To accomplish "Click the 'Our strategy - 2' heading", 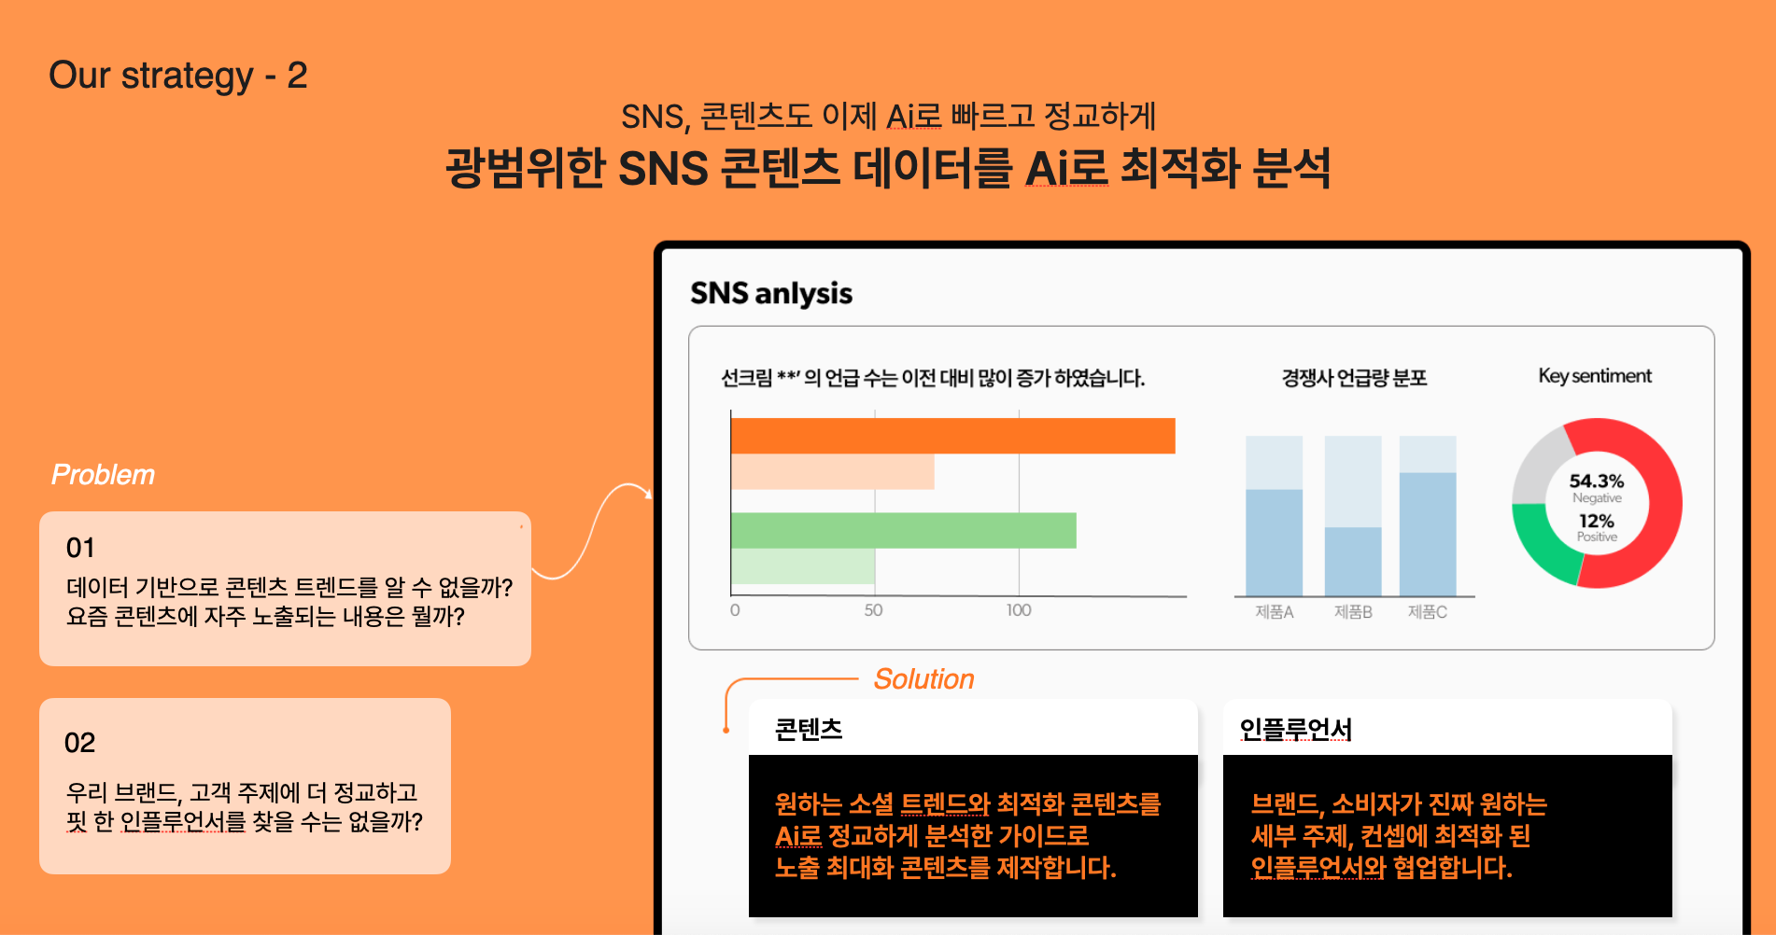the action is pyautogui.click(x=178, y=76).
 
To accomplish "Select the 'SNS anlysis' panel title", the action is pyautogui.click(x=771, y=293).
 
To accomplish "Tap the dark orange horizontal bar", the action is pyautogui.click(x=952, y=436).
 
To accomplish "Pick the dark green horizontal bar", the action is pyautogui.click(x=903, y=530).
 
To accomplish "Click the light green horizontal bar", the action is pyautogui.click(x=802, y=566).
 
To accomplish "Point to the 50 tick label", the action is pyautogui.click(x=873, y=610).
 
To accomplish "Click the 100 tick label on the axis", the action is pyautogui.click(x=1019, y=610).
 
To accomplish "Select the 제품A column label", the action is pyautogui.click(x=1274, y=612).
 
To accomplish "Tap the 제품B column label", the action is pyautogui.click(x=1353, y=612).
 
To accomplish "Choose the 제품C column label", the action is pyautogui.click(x=1428, y=612).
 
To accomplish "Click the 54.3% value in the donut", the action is pyautogui.click(x=1597, y=481).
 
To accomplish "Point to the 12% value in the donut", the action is pyautogui.click(x=1597, y=521).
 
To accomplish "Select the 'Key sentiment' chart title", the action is pyautogui.click(x=1595, y=376).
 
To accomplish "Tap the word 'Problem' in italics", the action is pyautogui.click(x=103, y=475).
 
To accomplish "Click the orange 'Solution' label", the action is pyautogui.click(x=923, y=679).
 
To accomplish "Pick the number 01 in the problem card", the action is pyautogui.click(x=80, y=548).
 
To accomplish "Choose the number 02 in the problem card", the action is pyautogui.click(x=79, y=743).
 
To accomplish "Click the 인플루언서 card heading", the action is pyautogui.click(x=1296, y=729).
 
